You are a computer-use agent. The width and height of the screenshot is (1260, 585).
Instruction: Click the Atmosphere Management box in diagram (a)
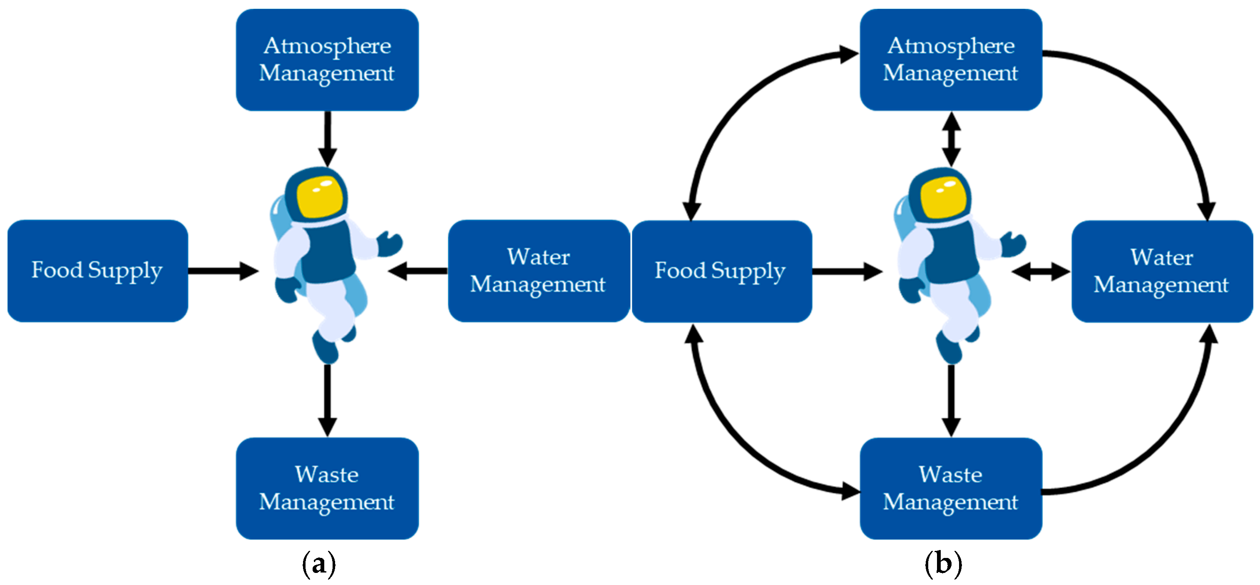pos(327,60)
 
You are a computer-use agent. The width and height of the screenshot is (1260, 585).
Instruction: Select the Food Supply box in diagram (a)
pos(98,271)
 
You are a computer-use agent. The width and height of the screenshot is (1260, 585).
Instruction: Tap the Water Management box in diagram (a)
pos(539,271)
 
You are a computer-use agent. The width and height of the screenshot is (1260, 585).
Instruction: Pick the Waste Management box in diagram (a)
pos(327,488)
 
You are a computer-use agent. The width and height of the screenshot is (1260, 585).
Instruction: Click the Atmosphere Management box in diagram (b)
pos(951,60)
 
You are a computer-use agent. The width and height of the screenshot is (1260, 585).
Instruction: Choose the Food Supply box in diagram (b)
pos(722,271)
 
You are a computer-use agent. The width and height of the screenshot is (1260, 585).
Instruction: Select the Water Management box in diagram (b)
pos(1162,271)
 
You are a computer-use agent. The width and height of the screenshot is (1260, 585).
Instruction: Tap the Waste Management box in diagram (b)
pos(951,488)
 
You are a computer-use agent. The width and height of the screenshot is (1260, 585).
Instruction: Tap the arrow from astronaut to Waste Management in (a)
pos(327,400)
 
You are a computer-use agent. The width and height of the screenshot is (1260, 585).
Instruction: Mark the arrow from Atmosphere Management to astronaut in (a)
pos(327,139)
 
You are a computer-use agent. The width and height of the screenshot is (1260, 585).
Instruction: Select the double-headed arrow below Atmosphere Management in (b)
pos(951,139)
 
